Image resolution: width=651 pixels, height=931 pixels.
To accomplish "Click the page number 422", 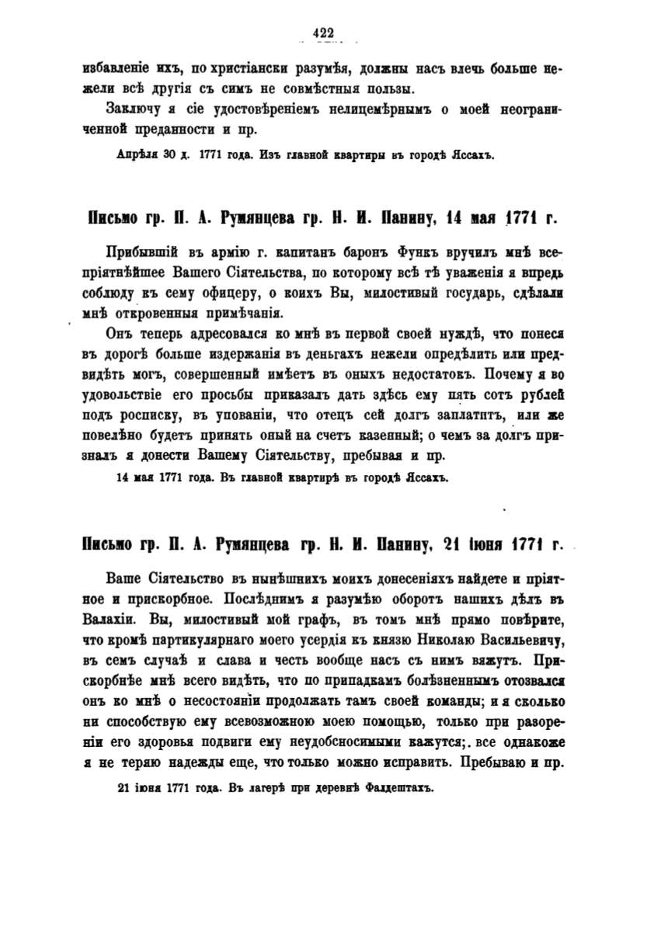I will point(322,32).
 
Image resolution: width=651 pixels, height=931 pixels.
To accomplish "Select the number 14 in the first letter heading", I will point(458,219).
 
